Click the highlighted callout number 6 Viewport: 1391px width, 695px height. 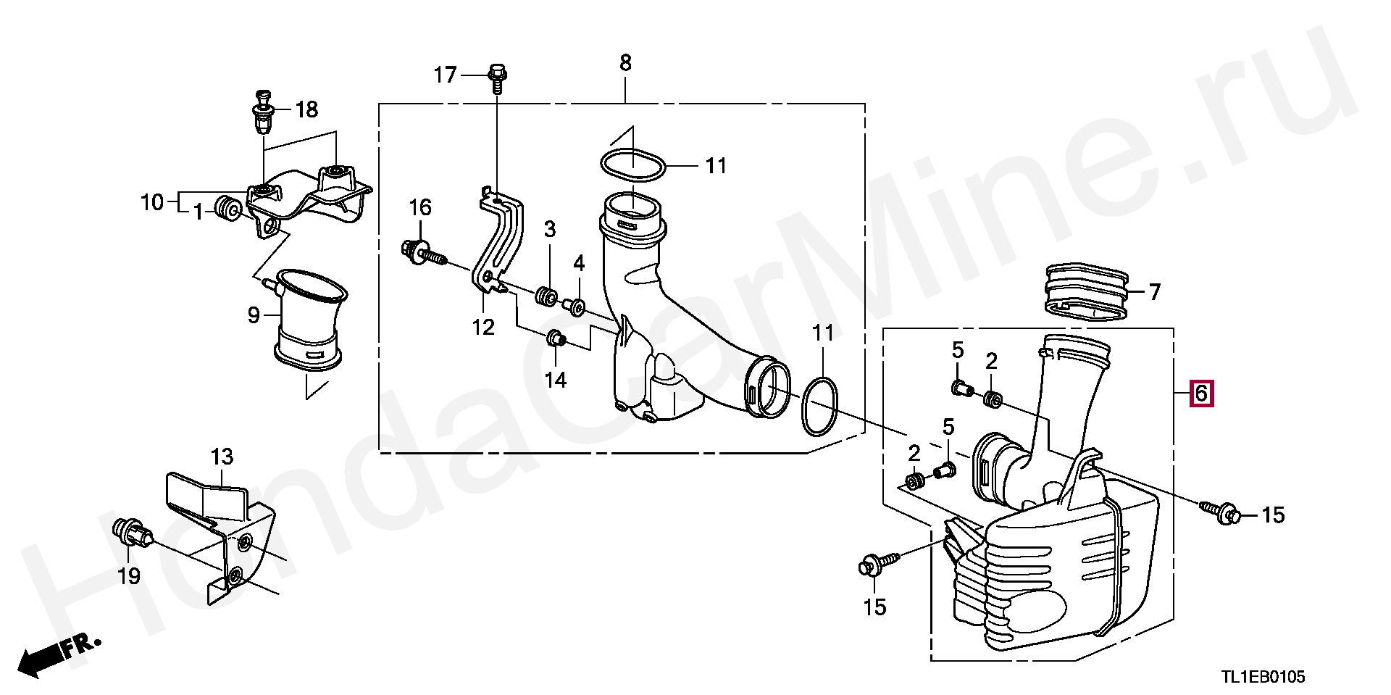coord(1200,394)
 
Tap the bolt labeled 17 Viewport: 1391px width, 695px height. coord(497,79)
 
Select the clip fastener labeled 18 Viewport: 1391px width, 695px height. coord(261,115)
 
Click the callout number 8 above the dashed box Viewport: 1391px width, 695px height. coord(625,63)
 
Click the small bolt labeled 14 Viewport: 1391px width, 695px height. coord(556,338)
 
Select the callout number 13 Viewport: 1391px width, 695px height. coord(222,457)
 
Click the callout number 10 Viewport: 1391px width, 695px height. coord(153,202)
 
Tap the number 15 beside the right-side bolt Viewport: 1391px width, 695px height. coord(1273,515)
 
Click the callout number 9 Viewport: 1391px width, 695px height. coord(254,315)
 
